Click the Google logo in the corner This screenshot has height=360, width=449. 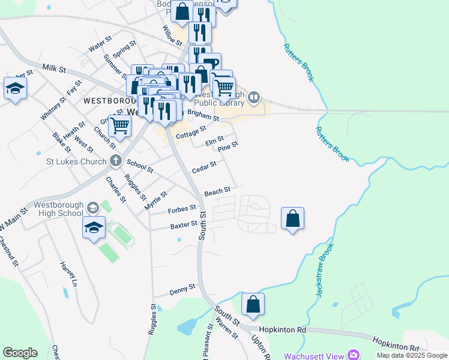click(20, 353)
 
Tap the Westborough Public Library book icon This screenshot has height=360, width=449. click(254, 97)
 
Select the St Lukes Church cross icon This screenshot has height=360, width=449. click(116, 161)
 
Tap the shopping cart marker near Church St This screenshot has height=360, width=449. click(119, 126)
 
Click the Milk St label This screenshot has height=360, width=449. click(53, 68)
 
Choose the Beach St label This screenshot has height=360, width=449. click(217, 191)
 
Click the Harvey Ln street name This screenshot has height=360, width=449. click(68, 274)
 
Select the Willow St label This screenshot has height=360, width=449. click(172, 35)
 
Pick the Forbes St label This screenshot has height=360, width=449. click(182, 209)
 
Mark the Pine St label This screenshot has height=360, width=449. click(228, 146)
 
